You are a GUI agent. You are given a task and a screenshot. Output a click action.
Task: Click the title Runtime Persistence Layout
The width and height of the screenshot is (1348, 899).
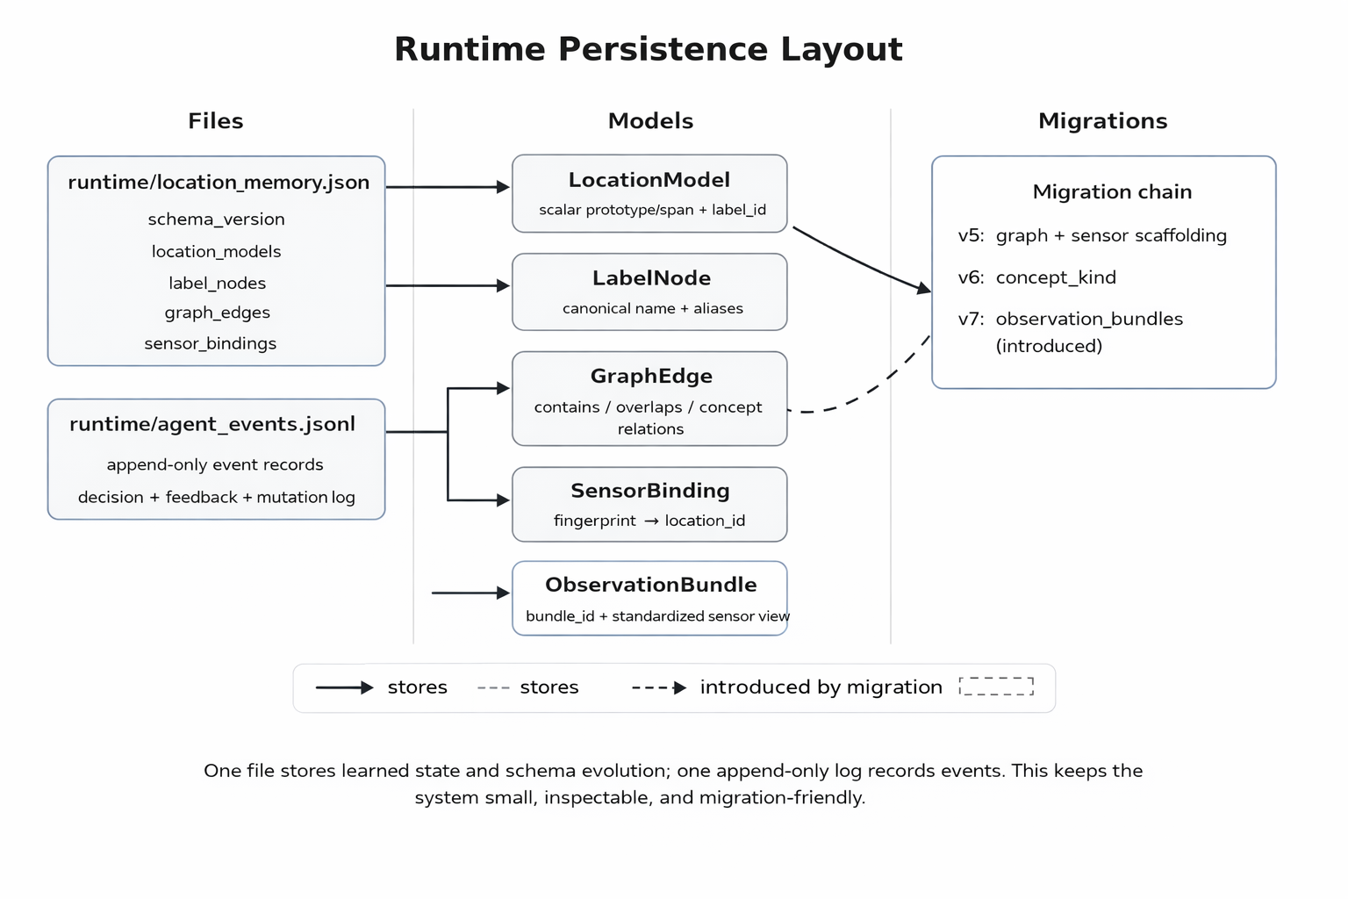point(648,49)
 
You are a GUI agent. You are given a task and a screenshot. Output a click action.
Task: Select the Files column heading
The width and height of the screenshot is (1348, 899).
point(215,121)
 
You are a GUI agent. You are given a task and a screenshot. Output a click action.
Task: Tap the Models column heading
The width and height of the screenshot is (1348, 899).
point(650,121)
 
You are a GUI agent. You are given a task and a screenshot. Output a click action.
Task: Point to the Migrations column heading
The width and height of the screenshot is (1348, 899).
point(1102,121)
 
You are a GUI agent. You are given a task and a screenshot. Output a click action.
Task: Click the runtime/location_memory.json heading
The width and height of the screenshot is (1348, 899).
point(219,183)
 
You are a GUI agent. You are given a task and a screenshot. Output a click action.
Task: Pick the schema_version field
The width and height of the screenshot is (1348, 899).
point(216,219)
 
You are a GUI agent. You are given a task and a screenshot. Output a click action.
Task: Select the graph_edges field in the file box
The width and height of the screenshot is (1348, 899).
point(217,313)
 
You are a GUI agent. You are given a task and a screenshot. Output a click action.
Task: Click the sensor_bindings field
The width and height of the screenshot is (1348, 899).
point(210,343)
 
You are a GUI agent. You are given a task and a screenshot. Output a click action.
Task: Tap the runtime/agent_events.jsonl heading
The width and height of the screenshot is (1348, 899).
point(212,424)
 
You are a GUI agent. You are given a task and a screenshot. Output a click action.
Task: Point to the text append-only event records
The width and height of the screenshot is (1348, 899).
point(215,464)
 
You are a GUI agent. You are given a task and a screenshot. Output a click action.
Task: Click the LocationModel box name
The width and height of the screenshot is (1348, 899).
point(649,180)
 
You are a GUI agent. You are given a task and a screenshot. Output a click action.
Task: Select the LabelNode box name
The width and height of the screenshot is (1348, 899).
point(651,278)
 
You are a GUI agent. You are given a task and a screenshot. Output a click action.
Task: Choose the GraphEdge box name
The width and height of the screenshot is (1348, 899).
point(651,376)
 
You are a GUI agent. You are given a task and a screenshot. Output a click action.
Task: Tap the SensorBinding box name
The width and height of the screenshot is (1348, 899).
point(649,491)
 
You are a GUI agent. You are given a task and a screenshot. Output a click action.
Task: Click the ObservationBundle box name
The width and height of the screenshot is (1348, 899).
point(650,585)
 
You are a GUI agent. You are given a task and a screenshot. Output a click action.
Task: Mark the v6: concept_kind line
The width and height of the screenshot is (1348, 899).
point(1036,277)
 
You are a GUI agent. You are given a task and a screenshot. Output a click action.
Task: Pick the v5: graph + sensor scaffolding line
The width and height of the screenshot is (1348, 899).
point(1092,235)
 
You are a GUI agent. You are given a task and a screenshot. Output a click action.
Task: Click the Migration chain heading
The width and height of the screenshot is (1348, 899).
point(1112,192)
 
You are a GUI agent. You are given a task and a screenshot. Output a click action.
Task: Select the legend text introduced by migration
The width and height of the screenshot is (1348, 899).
point(821,687)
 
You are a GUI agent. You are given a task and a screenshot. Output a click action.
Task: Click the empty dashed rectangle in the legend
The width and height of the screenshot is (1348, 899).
point(996,687)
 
